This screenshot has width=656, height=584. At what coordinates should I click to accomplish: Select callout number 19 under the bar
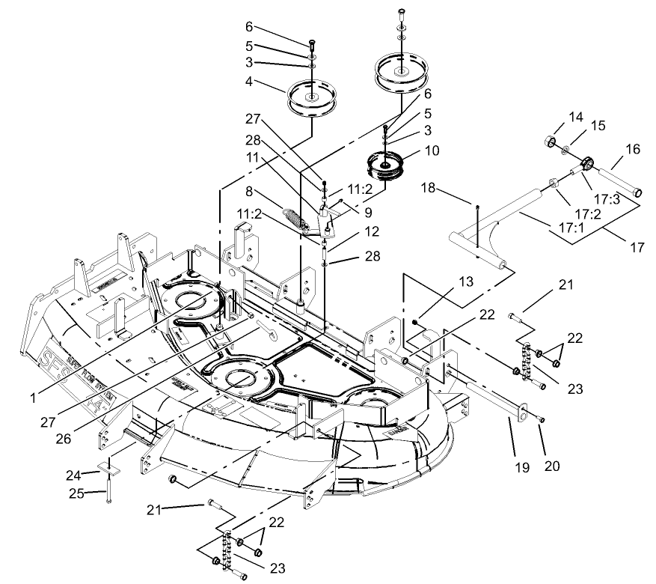coord(521,467)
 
